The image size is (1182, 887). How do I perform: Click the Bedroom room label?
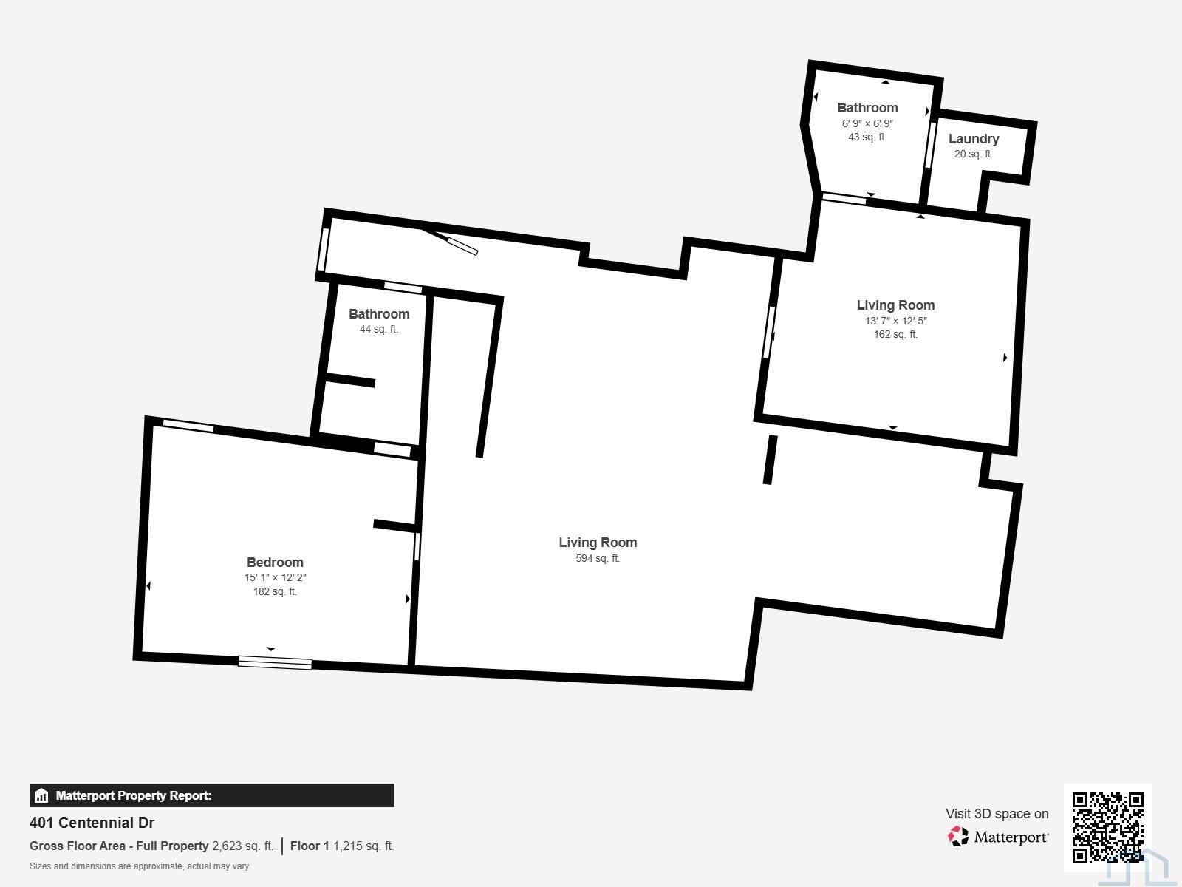275,563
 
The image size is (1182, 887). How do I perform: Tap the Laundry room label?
974,139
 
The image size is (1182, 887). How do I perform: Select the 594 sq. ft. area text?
598,559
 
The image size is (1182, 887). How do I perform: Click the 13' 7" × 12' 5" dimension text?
895,321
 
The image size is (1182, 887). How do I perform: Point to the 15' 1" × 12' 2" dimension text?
275,577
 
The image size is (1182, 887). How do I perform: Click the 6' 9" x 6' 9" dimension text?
867,123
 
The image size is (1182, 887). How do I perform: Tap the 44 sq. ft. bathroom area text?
378,329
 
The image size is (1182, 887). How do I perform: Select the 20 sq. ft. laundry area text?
973,154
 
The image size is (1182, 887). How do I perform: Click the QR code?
1107,827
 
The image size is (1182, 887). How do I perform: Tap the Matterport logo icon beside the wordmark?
958,837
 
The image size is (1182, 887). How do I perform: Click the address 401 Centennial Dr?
92,823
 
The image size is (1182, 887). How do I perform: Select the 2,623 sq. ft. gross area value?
242,846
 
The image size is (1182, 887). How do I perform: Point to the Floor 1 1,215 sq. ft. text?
342,846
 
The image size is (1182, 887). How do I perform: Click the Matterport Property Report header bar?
211,795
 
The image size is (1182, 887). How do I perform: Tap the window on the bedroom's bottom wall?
275,662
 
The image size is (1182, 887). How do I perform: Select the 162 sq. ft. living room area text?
895,334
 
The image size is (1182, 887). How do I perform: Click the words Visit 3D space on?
997,814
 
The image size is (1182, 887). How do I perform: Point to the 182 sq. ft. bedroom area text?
275,592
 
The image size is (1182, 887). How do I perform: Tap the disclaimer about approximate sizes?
139,866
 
